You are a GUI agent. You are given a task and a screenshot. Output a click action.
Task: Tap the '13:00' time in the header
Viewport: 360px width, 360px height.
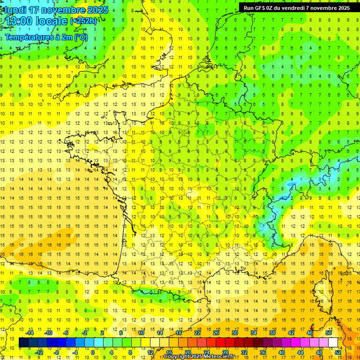click(18, 21)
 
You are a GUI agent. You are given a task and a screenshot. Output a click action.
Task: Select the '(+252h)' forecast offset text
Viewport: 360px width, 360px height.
click(83, 21)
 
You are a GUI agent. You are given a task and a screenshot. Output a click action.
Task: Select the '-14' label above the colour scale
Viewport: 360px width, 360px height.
click(30, 333)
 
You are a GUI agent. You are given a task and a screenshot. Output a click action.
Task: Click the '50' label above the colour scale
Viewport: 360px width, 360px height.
click(328, 333)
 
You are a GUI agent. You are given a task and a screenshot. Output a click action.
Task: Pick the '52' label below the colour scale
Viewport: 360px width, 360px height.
click(337, 352)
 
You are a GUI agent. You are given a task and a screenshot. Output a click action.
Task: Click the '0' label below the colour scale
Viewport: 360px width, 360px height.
click(93, 352)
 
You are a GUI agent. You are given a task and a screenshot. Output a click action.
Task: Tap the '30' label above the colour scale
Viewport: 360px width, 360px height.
click(234, 333)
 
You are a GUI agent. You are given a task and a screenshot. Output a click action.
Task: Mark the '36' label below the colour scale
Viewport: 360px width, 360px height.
click(262, 352)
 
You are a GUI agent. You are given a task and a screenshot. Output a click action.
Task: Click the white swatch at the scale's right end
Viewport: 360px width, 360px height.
click(333, 343)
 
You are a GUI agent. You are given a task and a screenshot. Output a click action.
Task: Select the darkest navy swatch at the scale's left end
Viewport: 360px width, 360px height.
click(23, 343)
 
